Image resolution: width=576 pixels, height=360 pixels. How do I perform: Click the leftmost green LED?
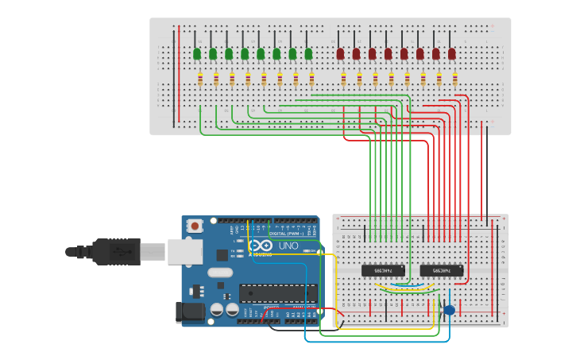197,53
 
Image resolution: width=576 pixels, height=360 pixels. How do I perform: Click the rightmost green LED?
308,53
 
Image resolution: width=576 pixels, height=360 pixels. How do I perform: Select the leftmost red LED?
340,53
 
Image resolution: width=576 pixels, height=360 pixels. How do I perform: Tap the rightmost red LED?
451,53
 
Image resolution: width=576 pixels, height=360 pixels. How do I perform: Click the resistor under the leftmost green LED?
200,79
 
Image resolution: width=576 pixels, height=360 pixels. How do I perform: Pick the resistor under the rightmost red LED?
454,79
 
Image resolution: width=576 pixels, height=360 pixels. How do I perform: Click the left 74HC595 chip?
383,270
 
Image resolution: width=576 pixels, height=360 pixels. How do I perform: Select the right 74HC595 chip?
442,270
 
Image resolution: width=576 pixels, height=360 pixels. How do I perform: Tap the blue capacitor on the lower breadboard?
449,310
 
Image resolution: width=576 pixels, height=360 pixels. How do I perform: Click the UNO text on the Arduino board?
288,246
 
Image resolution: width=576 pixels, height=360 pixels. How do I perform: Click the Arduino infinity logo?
261,246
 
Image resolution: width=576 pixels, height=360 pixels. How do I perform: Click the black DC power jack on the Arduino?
189,312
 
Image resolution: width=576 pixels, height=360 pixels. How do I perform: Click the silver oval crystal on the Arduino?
220,273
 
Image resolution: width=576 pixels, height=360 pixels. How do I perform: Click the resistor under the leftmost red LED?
343,79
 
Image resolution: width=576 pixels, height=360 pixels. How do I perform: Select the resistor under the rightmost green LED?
311,79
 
